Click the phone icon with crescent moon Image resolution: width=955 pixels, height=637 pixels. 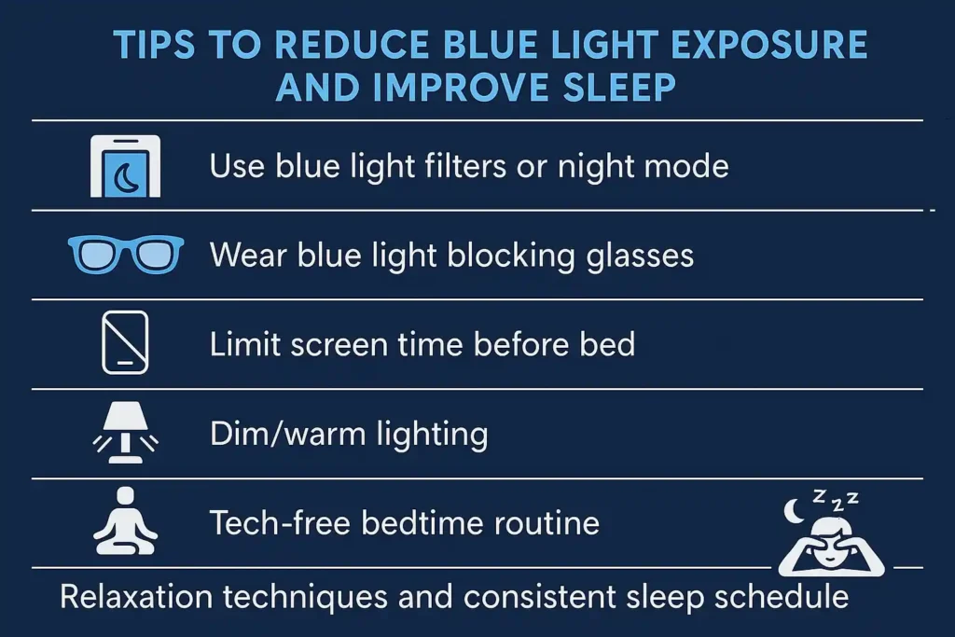pyautogui.click(x=125, y=166)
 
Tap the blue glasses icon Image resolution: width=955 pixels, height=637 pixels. pyautogui.click(x=126, y=255)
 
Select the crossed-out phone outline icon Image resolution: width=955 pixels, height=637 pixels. pyautogui.click(x=125, y=343)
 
